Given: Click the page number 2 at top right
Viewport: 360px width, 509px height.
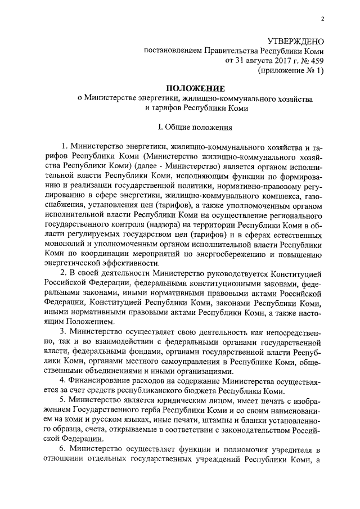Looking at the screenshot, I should [x=323, y=19].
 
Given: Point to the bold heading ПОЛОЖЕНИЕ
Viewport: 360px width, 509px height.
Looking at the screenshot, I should [x=195, y=88].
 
